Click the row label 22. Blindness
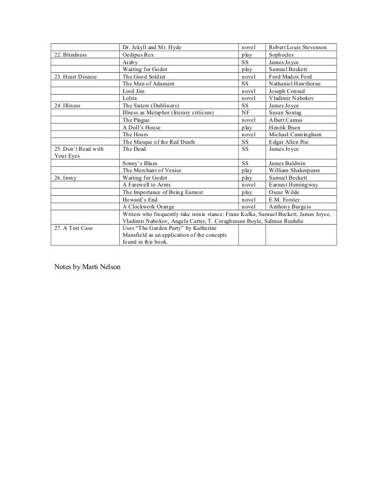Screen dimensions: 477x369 (70, 54)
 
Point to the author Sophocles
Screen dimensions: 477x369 (283, 54)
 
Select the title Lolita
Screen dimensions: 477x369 (131, 98)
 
